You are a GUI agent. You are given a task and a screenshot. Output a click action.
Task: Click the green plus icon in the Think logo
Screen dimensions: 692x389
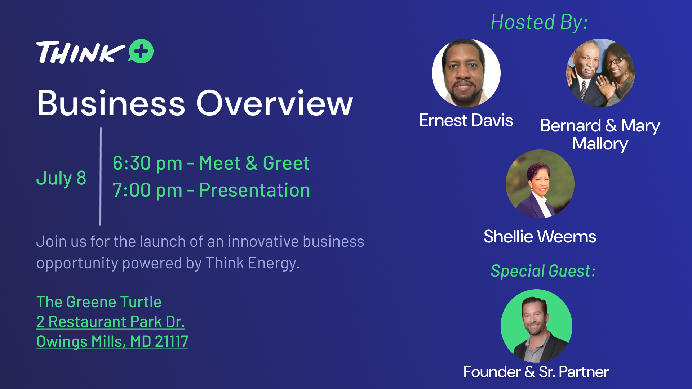(141, 51)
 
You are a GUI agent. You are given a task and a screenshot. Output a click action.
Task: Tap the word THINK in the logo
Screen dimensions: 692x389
(81, 53)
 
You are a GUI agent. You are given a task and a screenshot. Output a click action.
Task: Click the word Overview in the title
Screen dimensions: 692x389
(274, 103)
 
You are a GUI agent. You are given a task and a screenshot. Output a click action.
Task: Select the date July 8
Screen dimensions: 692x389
(61, 178)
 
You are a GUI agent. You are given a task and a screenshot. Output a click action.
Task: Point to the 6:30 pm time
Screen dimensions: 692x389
(147, 163)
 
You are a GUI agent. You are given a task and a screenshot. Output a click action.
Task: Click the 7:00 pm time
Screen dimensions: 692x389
(147, 190)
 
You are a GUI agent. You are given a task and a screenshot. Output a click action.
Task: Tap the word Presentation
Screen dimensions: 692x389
(254, 190)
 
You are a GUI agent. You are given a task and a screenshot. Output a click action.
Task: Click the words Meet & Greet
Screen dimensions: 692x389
(254, 163)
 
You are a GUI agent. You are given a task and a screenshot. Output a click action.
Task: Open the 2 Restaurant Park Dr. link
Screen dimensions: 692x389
(111, 322)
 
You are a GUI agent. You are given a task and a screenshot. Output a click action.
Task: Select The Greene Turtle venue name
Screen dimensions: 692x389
(99, 302)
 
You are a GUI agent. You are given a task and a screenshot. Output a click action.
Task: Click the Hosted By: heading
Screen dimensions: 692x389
(539, 22)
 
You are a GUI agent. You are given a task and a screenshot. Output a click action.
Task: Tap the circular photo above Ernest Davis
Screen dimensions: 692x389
(466, 73)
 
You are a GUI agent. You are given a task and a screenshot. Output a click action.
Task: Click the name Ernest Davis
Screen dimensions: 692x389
(466, 120)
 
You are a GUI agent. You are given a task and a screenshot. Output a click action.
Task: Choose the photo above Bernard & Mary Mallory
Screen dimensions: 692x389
(600, 73)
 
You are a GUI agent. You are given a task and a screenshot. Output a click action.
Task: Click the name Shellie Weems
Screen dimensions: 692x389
(540, 237)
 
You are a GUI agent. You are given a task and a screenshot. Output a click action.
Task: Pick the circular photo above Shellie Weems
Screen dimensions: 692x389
(540, 184)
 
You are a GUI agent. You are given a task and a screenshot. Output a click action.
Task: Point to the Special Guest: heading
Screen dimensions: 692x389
(543, 271)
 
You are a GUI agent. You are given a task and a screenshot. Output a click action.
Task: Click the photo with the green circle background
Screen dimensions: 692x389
(536, 326)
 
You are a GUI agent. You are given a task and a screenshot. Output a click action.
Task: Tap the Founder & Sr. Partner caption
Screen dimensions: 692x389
(536, 372)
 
